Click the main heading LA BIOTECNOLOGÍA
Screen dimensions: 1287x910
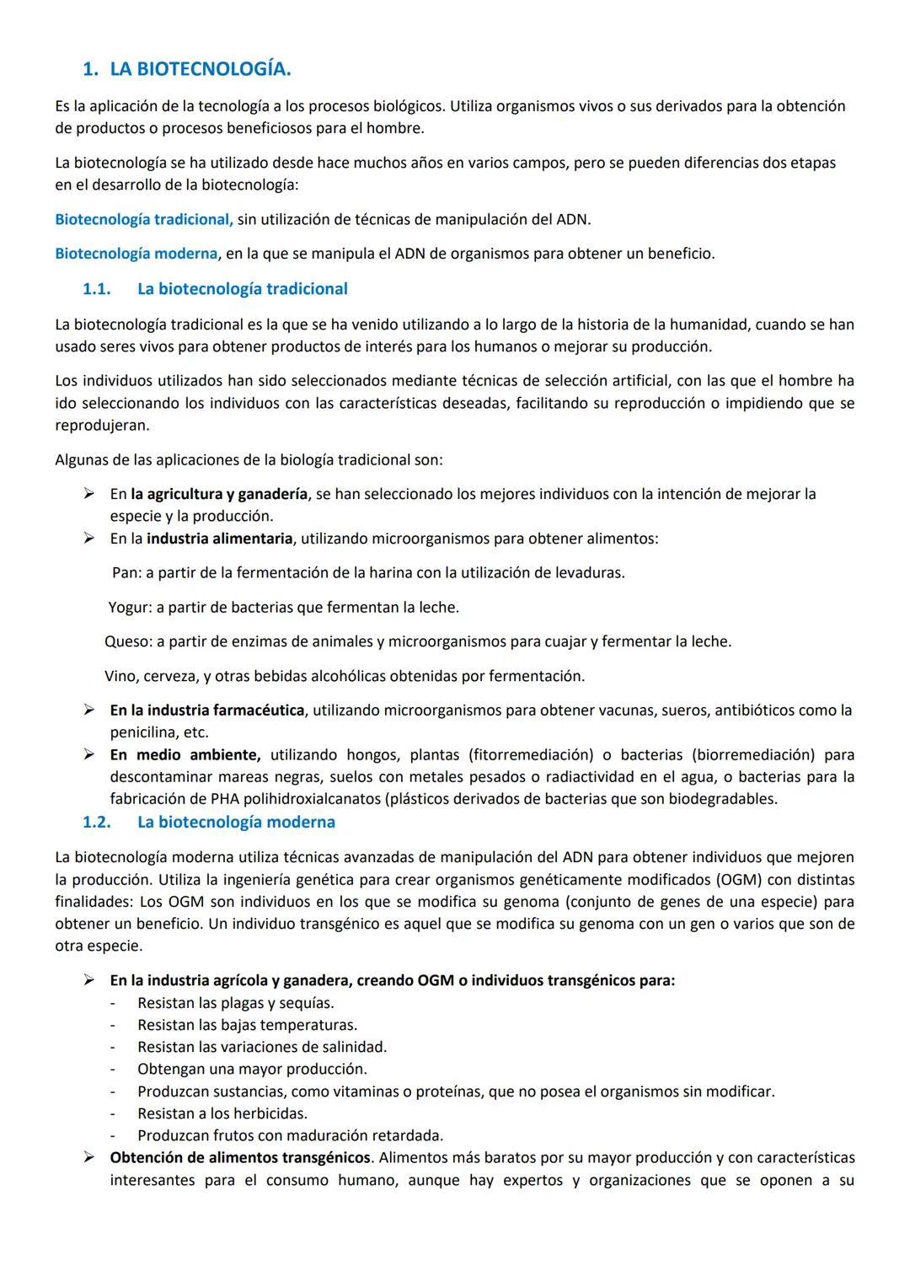point(200,70)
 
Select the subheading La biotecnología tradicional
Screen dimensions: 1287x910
point(242,289)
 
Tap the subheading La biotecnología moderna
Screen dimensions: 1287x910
point(236,822)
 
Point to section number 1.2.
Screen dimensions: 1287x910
point(96,822)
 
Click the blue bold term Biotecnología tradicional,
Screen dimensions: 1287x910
point(143,220)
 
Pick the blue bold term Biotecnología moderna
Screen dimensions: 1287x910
point(136,254)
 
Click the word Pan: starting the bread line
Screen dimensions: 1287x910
point(126,573)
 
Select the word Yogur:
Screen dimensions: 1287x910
point(130,608)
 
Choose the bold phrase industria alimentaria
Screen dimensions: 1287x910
point(220,539)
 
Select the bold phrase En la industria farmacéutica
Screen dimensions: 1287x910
point(207,711)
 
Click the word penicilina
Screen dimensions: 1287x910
point(144,733)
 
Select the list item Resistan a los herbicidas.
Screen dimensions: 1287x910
point(222,1114)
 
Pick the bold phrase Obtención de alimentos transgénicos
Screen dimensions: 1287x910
point(240,1158)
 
